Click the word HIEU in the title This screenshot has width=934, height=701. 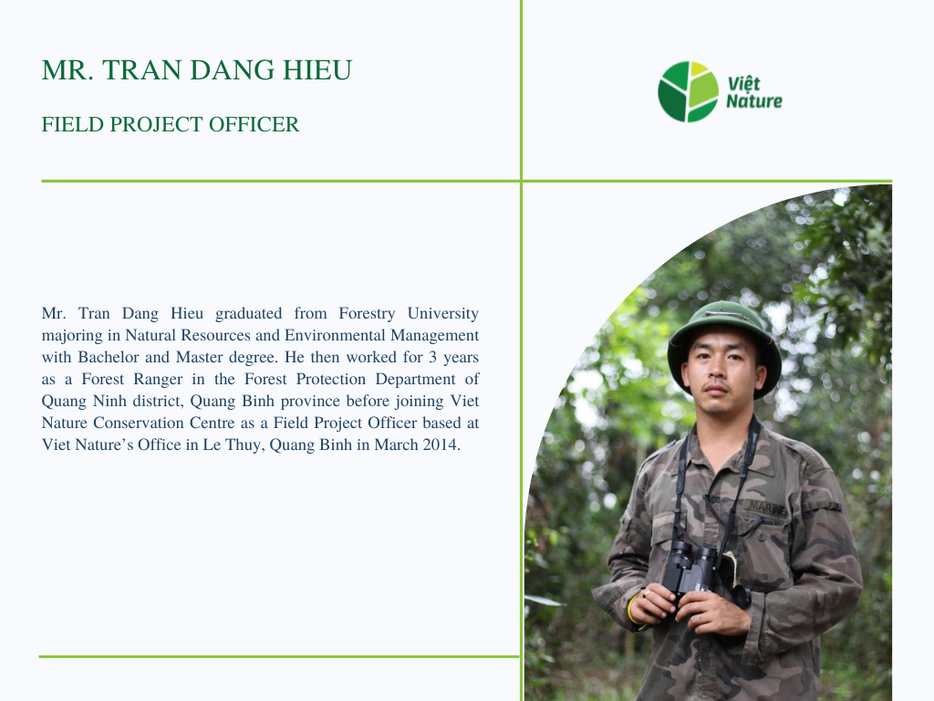[x=317, y=70]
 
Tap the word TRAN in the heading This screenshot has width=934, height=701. [x=142, y=70]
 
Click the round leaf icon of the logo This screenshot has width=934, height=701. [x=688, y=92]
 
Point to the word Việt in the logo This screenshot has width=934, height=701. [x=744, y=83]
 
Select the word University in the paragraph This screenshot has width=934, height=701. [x=443, y=314]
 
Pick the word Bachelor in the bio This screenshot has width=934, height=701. [x=109, y=357]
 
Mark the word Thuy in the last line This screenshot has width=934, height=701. [x=243, y=445]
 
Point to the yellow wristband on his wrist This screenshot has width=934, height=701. [x=630, y=609]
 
